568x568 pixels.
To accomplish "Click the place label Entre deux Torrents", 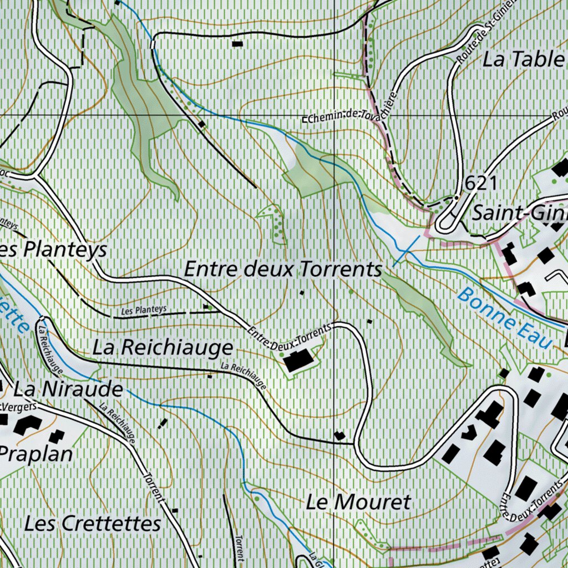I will tap(283, 270).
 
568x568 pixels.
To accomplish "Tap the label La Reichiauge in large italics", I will tap(163, 348).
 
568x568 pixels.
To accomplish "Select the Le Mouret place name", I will tap(358, 503).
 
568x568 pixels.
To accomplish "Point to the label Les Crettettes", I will tap(93, 523).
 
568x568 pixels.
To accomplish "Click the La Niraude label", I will tap(68, 389).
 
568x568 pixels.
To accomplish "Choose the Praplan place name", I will tap(37, 454).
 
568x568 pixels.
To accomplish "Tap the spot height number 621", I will tap(481, 183).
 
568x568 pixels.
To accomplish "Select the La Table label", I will tap(524, 59).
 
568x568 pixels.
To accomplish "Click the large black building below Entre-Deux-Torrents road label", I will tap(298, 361).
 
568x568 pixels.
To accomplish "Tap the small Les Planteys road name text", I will tap(144, 311).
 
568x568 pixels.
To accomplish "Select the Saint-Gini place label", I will tap(519, 212).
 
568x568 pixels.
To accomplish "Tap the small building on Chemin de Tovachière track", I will tap(201, 124).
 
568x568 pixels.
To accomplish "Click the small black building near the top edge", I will tap(237, 43).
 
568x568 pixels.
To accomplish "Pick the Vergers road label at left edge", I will tap(20, 407).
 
